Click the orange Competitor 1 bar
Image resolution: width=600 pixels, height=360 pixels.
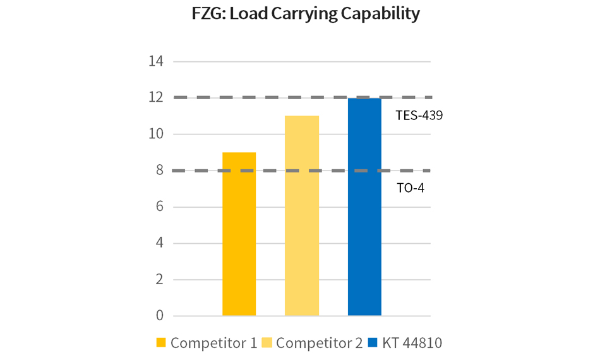tap(239, 234)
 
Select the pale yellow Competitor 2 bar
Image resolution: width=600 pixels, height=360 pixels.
tap(302, 215)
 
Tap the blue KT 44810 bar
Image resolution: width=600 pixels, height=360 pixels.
tap(364, 207)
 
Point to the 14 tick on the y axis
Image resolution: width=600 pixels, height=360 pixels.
tap(155, 62)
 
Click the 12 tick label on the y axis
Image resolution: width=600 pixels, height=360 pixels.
tap(155, 98)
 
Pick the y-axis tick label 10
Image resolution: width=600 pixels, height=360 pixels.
tap(155, 134)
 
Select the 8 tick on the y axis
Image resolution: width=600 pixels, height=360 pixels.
tap(159, 171)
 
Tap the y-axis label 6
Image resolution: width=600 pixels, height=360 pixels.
tap(159, 207)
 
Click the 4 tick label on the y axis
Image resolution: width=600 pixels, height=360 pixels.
tap(159, 243)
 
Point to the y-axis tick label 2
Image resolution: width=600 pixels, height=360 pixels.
tap(159, 279)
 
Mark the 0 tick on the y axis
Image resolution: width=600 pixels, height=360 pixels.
tap(159, 316)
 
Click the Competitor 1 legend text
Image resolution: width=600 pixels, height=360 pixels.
tap(213, 343)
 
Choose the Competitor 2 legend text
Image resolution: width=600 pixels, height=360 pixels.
tap(320, 343)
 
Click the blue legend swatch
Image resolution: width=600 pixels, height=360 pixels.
tap(373, 343)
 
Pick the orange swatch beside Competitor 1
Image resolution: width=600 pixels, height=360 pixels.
tap(161, 343)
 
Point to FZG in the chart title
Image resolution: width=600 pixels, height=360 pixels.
tap(208, 14)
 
